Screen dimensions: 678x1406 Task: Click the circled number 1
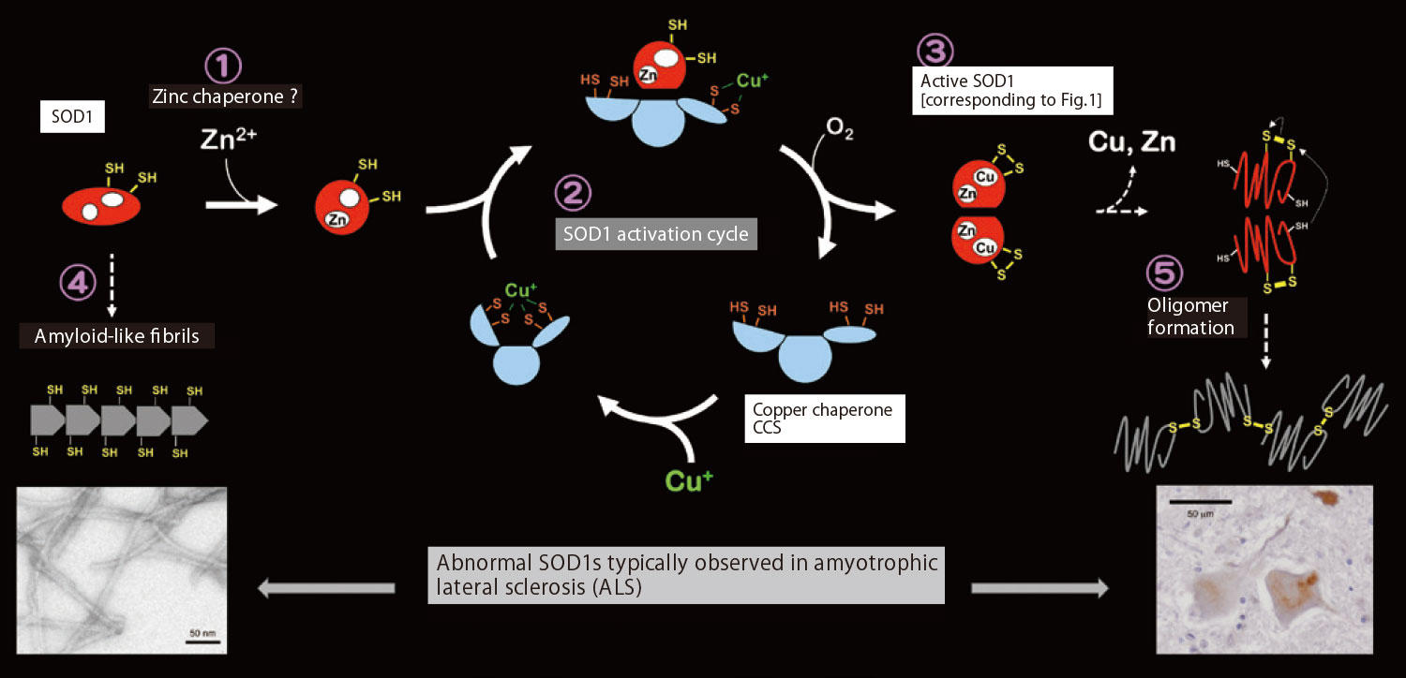(x=223, y=66)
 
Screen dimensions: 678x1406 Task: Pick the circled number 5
(x=1165, y=273)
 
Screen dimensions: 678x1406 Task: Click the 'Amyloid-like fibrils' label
(x=117, y=334)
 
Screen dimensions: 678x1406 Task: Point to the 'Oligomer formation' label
(x=1190, y=317)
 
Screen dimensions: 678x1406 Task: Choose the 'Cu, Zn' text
(x=1131, y=143)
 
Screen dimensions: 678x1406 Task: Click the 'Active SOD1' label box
(x=1012, y=90)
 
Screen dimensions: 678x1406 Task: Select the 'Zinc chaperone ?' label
(x=225, y=96)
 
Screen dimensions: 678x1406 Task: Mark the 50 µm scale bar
(x=1199, y=503)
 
